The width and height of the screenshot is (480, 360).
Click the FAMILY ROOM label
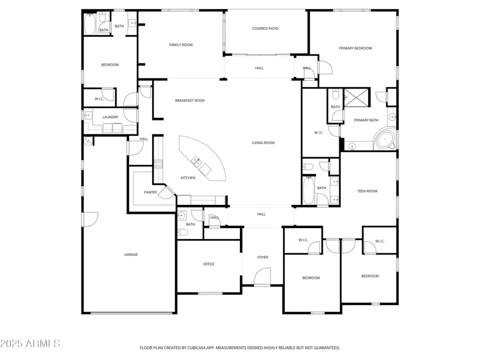[x=181, y=45]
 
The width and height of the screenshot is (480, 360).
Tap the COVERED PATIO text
[x=265, y=29]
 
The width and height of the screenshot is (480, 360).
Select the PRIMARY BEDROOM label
[x=355, y=48]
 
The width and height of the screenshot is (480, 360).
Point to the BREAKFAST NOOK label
[x=190, y=100]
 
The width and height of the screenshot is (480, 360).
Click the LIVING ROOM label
[x=263, y=142]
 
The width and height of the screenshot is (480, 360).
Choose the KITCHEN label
[x=188, y=178]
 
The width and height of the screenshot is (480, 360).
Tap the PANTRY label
[x=150, y=192]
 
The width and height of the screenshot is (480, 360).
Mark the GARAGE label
[x=131, y=254]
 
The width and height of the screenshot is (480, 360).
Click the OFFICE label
[x=209, y=264]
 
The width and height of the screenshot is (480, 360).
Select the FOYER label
[x=262, y=257]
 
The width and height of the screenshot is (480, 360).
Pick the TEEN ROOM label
[x=367, y=191]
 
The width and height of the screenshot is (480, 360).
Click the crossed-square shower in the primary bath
[x=353, y=97]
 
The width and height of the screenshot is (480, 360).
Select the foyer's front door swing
[x=261, y=277]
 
